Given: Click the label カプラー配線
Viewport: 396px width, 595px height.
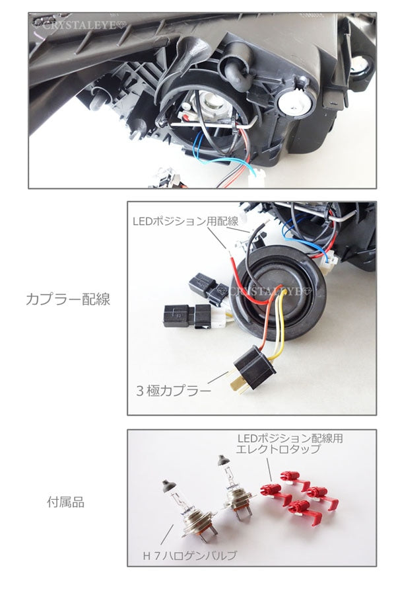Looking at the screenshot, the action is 68,299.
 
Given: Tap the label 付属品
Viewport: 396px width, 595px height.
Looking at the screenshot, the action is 65,502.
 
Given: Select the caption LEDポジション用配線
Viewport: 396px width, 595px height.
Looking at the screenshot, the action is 185,221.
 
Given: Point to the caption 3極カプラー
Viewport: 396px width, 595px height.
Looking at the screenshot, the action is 173,391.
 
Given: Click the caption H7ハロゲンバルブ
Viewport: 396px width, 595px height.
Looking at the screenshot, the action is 189,556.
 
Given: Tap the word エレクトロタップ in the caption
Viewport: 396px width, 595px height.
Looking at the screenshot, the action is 278,450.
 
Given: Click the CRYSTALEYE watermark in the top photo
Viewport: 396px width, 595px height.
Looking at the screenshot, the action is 78,25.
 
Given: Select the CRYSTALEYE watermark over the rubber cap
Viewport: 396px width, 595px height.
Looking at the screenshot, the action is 270,292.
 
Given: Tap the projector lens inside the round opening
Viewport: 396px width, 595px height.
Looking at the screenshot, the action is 210,104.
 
